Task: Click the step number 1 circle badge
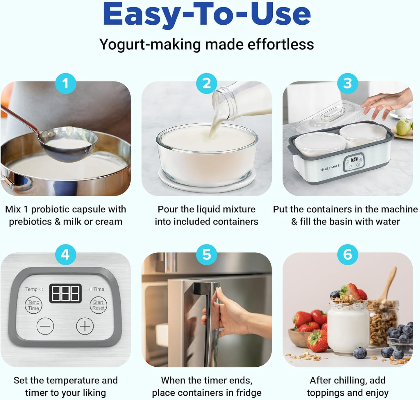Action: (66, 84)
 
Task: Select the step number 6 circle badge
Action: (348, 255)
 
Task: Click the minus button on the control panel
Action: (45, 326)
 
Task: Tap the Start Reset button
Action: (98, 305)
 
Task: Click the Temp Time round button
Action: (33, 305)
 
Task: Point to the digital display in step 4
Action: (65, 293)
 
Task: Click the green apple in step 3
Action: (404, 127)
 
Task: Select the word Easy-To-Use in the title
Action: (207, 14)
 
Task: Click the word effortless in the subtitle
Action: (280, 44)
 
